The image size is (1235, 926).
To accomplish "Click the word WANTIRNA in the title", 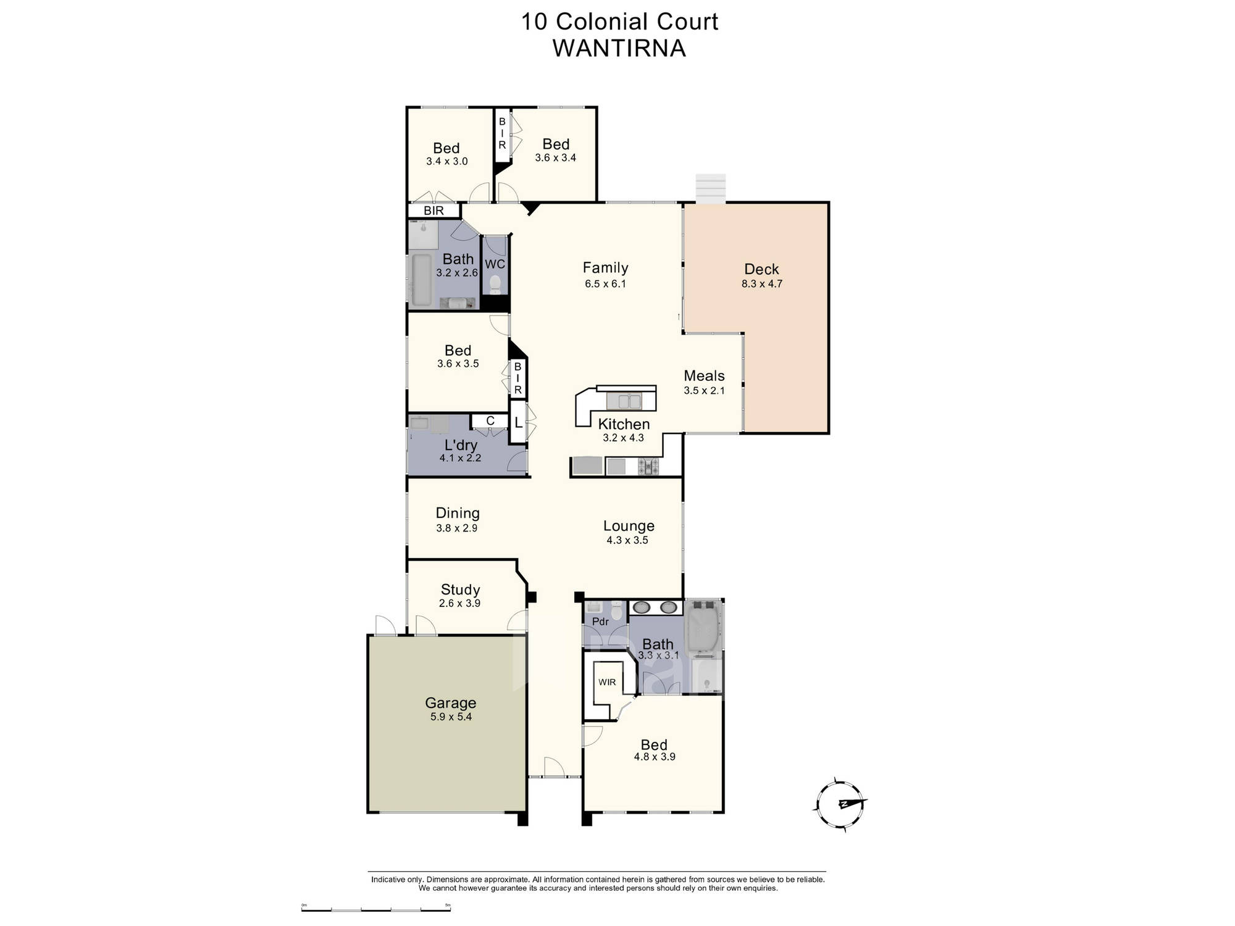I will [x=619, y=48].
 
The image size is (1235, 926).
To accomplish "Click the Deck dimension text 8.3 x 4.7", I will [x=762, y=284].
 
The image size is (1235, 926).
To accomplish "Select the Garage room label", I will [x=450, y=703].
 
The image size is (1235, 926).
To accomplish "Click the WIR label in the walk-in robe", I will [x=607, y=682].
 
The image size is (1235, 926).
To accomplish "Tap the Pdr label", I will [x=600, y=622].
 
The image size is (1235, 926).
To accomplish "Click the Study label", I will [x=460, y=590].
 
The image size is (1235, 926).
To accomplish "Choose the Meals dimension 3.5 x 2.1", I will [x=704, y=390].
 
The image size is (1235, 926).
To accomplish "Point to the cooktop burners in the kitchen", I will [x=648, y=466].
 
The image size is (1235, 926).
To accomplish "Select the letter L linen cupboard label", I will [x=518, y=423].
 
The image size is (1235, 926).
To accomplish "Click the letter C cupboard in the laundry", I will [x=490, y=421].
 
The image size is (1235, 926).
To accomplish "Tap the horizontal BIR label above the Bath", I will [x=433, y=211].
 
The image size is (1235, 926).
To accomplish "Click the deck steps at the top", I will [x=711, y=187].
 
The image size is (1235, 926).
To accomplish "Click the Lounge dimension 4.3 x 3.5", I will [x=627, y=540].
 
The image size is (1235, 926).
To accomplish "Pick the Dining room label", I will [x=458, y=513].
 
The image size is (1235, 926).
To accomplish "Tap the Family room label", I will [x=605, y=267].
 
